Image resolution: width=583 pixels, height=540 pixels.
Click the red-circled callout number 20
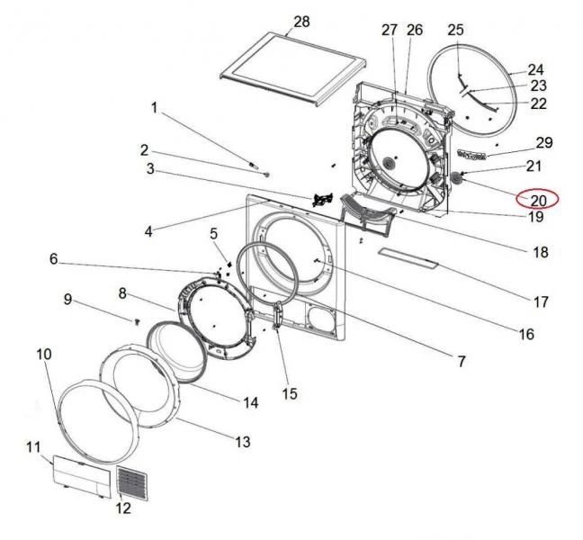[x=538, y=200]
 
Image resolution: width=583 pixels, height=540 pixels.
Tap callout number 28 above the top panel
[x=301, y=22]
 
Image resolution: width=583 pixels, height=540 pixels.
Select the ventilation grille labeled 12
[x=132, y=482]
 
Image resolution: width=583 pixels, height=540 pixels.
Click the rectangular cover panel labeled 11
[x=82, y=476]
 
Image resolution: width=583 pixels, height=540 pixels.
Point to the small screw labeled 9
[x=137, y=321]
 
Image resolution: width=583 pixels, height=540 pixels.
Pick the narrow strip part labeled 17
[x=408, y=258]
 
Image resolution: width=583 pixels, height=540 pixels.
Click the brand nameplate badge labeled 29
[x=471, y=154]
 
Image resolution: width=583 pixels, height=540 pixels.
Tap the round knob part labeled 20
[x=456, y=178]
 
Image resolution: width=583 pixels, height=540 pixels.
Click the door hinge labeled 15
[x=277, y=315]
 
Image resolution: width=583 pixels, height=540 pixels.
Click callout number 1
[x=154, y=108]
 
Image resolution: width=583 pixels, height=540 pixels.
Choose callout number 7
[x=461, y=361]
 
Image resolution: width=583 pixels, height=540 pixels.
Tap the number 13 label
[x=242, y=442]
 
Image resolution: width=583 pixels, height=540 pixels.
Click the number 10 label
[x=43, y=354]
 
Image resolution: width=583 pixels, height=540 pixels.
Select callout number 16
[x=526, y=334]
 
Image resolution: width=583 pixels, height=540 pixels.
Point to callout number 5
[x=213, y=234]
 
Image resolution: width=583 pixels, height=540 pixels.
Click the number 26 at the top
[x=415, y=30]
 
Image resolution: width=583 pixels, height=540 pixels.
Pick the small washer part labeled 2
[x=266, y=174]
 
